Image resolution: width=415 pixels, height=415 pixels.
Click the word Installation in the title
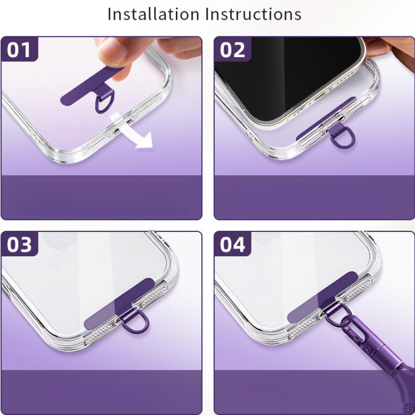click(x=153, y=15)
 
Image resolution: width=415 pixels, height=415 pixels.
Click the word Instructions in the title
click(x=253, y=15)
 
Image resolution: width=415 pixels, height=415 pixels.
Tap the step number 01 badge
click(x=19, y=49)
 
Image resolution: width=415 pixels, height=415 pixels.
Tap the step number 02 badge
click(x=232, y=49)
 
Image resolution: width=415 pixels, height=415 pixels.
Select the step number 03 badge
click(x=19, y=244)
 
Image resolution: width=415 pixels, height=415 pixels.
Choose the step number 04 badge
click(x=232, y=244)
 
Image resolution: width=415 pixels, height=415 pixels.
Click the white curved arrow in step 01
click(x=132, y=131)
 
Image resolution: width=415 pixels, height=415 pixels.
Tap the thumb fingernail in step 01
click(x=112, y=50)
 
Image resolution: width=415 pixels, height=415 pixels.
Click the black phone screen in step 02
click(x=286, y=72)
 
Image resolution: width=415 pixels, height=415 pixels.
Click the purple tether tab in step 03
click(x=119, y=304)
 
